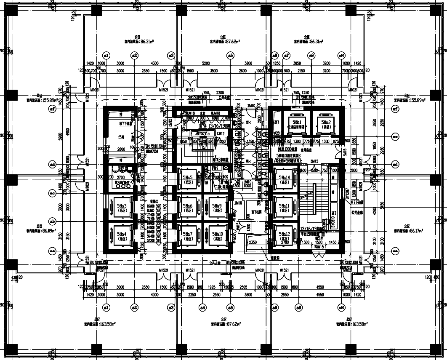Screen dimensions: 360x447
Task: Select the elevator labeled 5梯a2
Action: tap(324, 123)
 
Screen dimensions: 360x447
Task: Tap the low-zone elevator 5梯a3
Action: tap(120, 207)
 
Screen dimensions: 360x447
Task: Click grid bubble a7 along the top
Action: tap(286, 55)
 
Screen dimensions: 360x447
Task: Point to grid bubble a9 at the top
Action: tap(311, 55)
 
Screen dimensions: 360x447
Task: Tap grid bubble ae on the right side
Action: tap(395, 136)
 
